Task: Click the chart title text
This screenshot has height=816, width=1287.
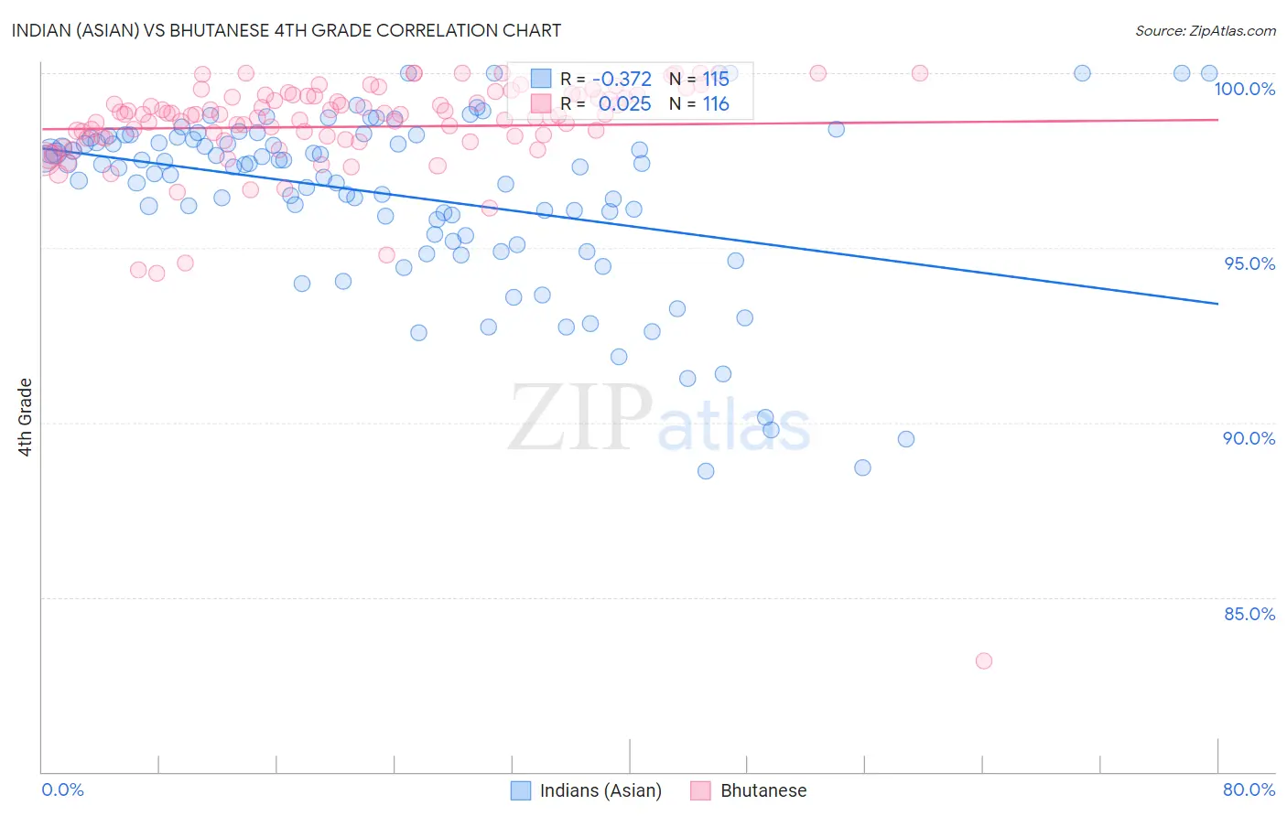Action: click(x=287, y=30)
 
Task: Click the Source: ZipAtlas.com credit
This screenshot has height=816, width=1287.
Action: click(x=1205, y=30)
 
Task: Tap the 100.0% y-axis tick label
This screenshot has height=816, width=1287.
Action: click(x=1244, y=89)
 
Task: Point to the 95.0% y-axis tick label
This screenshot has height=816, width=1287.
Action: click(x=1249, y=263)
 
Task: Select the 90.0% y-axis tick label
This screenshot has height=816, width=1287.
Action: click(x=1249, y=438)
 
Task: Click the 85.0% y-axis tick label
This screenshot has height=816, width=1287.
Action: click(x=1249, y=614)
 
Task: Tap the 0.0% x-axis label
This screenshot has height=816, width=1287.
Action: click(x=62, y=789)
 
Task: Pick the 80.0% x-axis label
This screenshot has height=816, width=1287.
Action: click(x=1249, y=789)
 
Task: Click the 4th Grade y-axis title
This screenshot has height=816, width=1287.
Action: click(x=25, y=417)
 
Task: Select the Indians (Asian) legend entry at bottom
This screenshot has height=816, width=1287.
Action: click(x=586, y=790)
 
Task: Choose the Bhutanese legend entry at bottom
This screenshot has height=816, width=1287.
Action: click(x=750, y=790)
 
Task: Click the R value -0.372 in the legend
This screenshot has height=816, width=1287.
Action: click(x=622, y=80)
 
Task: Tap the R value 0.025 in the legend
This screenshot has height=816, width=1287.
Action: click(x=624, y=104)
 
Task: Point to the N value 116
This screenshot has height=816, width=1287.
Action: click(x=716, y=104)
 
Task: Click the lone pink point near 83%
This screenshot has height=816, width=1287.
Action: click(x=984, y=660)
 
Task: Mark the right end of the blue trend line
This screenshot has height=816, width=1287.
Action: click(x=1217, y=304)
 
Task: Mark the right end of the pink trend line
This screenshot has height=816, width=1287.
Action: click(x=1217, y=120)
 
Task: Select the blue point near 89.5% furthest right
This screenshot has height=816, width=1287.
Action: click(x=906, y=439)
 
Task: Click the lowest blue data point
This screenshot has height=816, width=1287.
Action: click(x=706, y=471)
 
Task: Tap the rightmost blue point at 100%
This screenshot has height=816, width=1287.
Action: click(x=1209, y=73)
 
